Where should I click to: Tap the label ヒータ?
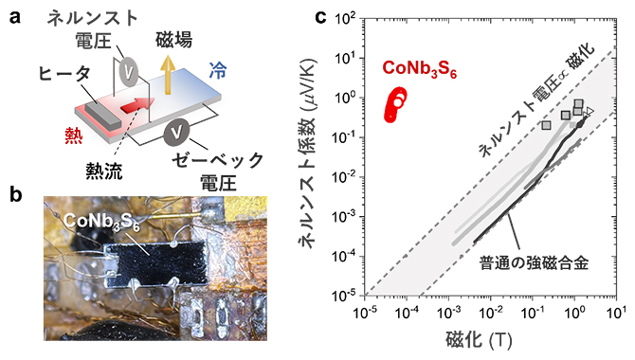pyautogui.click(x=63, y=73)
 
